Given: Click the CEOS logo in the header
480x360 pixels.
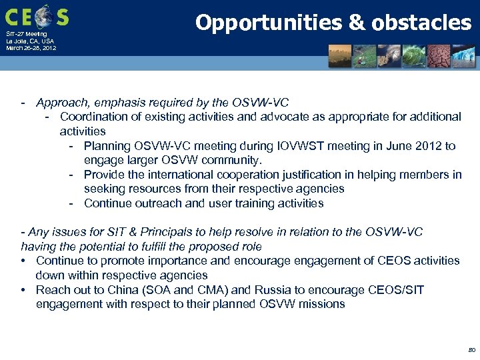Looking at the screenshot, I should click(37, 16).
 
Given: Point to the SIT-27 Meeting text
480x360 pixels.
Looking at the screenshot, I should click(27, 33).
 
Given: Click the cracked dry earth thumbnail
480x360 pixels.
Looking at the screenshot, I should click(441, 57).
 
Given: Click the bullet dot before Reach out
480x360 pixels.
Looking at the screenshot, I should click(24, 290).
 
